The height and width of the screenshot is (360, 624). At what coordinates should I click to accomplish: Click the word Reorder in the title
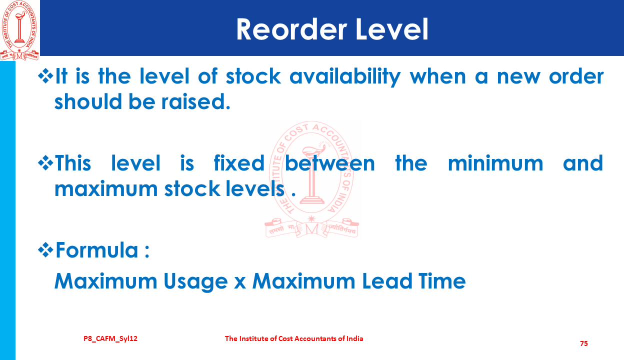(x=291, y=29)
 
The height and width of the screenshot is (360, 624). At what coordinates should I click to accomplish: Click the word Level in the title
(x=391, y=29)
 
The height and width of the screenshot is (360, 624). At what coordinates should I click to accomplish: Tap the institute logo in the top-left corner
(x=19, y=30)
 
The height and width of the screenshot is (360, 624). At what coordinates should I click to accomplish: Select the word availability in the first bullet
(x=345, y=76)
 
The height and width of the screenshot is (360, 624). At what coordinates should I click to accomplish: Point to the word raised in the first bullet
(x=196, y=101)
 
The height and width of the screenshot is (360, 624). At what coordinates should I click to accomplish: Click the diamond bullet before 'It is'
(x=45, y=76)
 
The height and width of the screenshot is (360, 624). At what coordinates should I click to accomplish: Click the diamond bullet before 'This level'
(x=45, y=163)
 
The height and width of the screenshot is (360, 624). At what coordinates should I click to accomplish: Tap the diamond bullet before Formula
(x=45, y=250)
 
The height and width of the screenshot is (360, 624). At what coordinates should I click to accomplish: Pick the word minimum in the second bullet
(x=495, y=163)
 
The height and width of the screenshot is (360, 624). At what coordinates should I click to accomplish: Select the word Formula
(x=96, y=250)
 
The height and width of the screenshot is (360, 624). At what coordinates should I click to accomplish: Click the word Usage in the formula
(x=195, y=282)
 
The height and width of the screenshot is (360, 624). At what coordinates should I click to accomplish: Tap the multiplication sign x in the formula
(x=240, y=282)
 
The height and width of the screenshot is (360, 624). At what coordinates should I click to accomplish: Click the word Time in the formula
(x=442, y=281)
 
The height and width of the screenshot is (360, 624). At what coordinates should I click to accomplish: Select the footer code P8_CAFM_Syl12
(x=110, y=339)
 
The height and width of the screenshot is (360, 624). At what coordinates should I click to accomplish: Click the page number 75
(x=584, y=343)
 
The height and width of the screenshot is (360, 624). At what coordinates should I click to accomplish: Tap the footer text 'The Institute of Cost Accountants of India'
(x=294, y=338)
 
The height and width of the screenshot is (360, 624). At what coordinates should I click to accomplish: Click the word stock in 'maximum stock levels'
(x=192, y=188)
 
